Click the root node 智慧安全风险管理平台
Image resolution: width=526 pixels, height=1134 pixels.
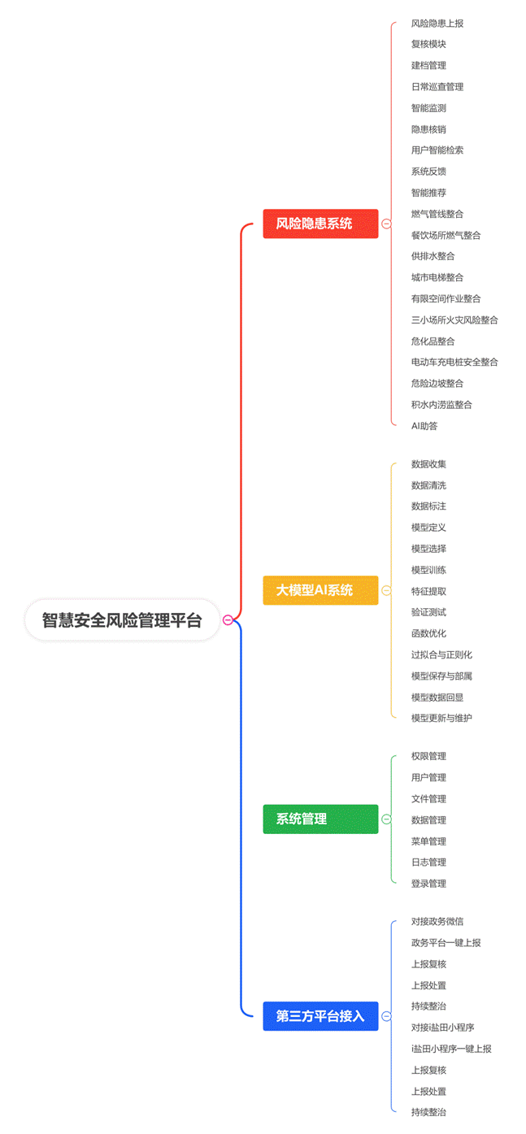122,620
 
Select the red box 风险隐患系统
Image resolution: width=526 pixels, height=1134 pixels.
320,224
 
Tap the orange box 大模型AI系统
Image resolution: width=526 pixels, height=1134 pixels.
320,590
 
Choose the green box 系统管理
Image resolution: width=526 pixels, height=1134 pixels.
320,819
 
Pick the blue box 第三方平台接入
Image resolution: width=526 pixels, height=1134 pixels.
320,1016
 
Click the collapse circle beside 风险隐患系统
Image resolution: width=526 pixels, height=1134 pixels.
386,224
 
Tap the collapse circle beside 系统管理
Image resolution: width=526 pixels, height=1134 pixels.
386,819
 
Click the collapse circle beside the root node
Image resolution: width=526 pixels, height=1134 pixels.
228,620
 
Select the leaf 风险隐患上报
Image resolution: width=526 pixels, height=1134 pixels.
437,24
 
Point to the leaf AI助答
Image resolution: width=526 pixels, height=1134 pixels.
424,426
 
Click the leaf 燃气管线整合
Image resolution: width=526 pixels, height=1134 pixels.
437,214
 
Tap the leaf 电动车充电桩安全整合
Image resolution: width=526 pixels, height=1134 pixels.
454,362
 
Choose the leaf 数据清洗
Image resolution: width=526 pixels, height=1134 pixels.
428,485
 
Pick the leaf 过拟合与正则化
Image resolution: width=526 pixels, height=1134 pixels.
441,654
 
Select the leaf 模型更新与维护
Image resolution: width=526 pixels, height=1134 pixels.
441,718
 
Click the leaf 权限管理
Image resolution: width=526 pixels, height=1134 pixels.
428,756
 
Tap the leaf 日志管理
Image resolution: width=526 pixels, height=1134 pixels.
428,862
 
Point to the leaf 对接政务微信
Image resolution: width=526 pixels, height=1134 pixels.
437,922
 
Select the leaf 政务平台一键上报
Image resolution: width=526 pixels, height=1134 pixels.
446,943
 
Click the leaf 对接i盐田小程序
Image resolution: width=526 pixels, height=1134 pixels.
442,1028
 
